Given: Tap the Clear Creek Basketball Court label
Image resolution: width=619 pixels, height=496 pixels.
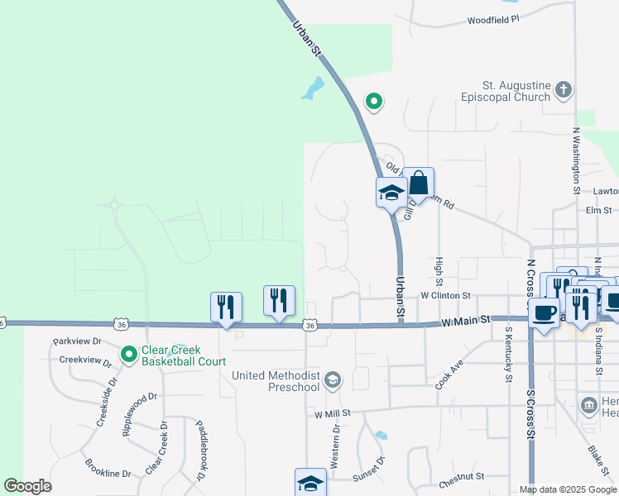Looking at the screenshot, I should tap(182, 355).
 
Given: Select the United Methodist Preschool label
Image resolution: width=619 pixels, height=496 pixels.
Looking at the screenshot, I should tap(276, 381).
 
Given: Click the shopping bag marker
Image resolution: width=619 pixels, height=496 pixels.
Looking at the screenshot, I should tap(419, 183).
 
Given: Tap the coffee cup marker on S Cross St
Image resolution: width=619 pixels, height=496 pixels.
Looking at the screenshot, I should tap(544, 313).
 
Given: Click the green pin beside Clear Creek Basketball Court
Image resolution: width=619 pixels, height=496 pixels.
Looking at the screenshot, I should tap(128, 355).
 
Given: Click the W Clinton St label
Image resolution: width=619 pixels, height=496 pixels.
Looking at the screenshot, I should tap(445, 294).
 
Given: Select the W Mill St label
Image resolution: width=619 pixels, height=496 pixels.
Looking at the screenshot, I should tap(333, 412).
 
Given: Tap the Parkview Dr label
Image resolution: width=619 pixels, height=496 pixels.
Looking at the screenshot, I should tap(77, 341).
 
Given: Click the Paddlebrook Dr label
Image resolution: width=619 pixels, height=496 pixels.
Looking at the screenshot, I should tap(200, 451).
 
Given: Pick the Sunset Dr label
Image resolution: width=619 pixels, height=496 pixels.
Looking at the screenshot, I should tap(369, 466).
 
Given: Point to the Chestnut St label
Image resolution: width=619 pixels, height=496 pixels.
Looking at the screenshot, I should tap(461, 477).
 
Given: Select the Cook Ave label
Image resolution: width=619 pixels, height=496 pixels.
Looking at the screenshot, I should tap(450, 374).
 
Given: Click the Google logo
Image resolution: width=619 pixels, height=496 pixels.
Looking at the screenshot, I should tap(27, 486).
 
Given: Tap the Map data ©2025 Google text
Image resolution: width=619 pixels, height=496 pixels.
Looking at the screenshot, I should tap(567, 489).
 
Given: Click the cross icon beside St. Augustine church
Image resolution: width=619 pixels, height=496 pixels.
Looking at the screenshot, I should tap(564, 89).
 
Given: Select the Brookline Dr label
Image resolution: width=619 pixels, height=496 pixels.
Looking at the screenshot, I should tap(109, 475).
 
